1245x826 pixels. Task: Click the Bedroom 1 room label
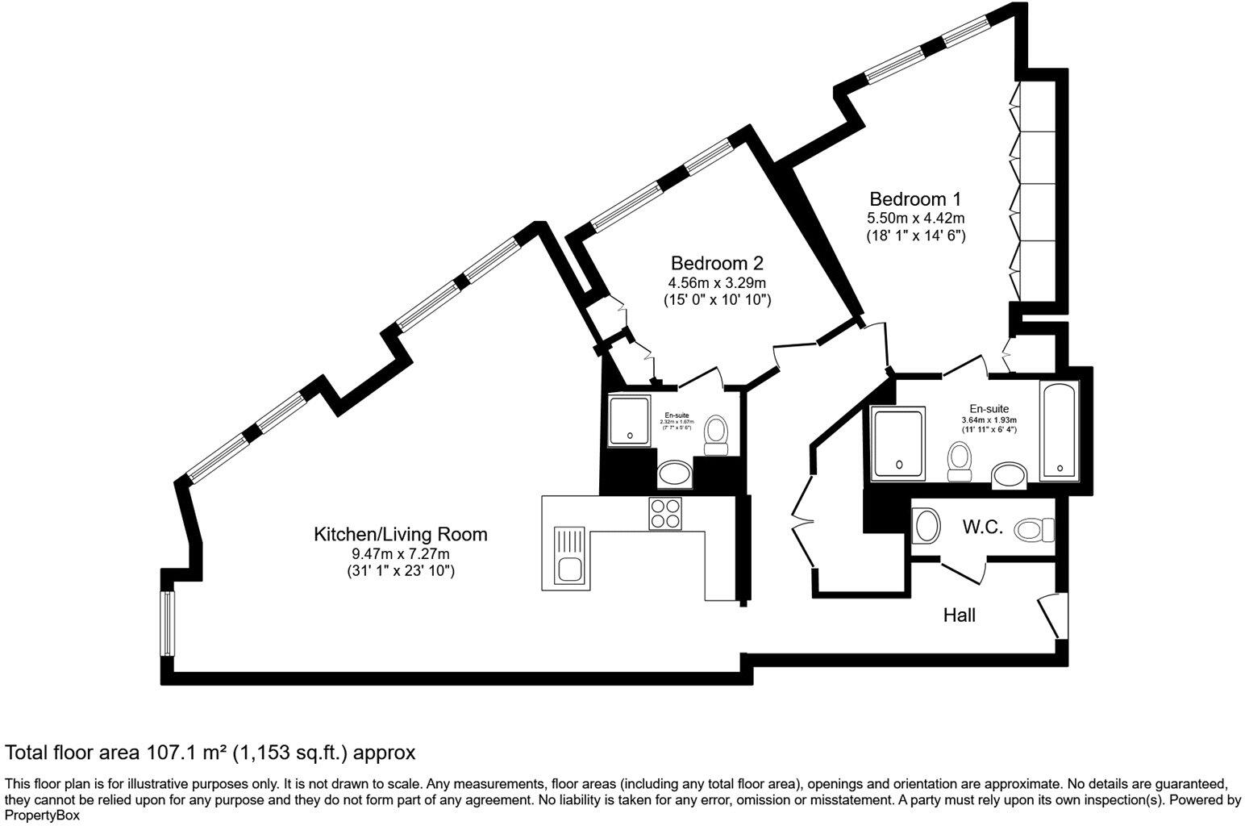(x=915, y=199)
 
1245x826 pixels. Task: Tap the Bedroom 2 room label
(x=717, y=264)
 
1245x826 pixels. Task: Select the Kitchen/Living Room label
(x=400, y=534)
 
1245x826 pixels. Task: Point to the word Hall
(x=960, y=616)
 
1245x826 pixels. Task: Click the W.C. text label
(x=982, y=528)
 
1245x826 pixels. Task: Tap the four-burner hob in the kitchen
(x=666, y=514)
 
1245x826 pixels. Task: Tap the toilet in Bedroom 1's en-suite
(x=959, y=463)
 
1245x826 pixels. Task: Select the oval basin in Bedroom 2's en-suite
(x=674, y=474)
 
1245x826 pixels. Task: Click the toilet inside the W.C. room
(x=1035, y=530)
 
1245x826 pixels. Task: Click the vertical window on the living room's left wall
(x=166, y=623)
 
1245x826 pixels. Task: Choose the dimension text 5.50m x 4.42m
(x=915, y=218)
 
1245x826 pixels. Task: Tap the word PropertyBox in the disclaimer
(x=42, y=816)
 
